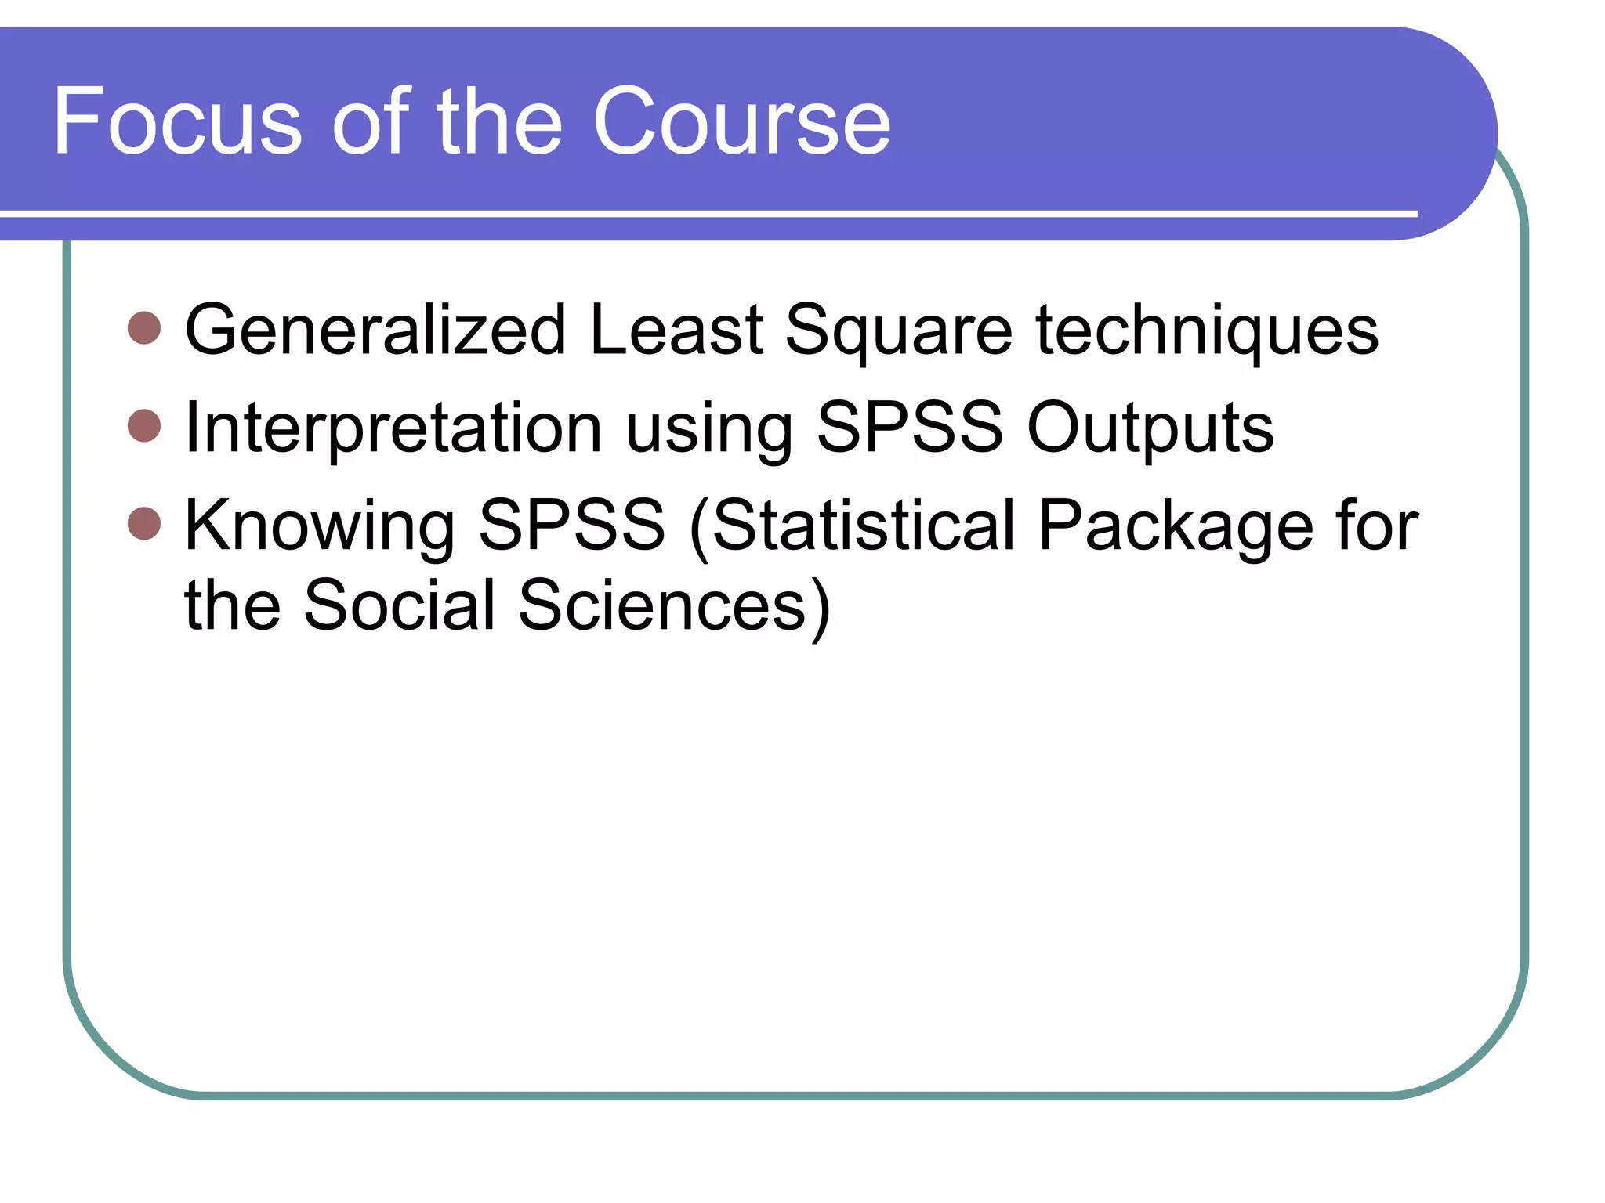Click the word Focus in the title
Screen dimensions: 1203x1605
click(177, 121)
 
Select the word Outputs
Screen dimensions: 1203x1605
click(1150, 428)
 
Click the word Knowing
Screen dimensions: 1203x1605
click(320, 526)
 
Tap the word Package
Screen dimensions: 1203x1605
click(1176, 526)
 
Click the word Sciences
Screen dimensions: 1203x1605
click(663, 605)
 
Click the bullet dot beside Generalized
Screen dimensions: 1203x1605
click(144, 328)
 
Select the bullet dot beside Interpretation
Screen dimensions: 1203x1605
click(144, 426)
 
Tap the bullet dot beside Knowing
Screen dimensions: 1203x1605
click(144, 523)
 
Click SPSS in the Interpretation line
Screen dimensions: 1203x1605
click(910, 427)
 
